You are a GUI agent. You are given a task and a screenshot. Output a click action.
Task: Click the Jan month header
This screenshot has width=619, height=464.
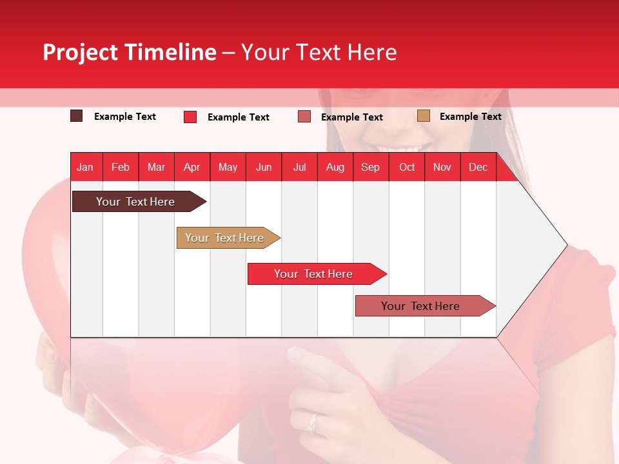pos(85,167)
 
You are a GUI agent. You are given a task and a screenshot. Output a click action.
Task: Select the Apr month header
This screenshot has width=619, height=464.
pos(192,167)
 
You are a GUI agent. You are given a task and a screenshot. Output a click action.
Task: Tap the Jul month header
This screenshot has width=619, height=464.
pos(299,167)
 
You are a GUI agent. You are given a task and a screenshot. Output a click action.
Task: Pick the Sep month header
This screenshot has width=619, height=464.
pos(370,167)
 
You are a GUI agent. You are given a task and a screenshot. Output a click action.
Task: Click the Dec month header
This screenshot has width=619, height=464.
pos(478,167)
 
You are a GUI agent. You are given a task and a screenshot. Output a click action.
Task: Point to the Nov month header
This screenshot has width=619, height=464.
pos(442,167)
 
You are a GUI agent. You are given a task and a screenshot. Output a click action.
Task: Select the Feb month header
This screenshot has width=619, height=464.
pos(121,167)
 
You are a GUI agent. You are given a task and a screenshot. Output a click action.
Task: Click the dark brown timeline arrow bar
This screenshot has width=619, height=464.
pos(135,202)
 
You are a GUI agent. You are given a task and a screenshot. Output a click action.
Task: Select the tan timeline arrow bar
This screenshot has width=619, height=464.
pos(225,238)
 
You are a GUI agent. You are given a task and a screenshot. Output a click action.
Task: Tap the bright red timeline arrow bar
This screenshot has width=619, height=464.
pos(313,274)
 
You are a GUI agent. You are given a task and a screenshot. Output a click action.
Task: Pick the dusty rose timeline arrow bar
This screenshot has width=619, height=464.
pos(420,306)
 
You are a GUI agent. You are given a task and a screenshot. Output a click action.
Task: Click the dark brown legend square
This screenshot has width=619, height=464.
pos(77,116)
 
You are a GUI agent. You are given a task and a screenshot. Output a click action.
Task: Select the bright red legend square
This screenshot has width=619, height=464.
pos(190,117)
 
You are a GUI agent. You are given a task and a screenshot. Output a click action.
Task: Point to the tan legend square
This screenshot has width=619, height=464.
pos(424,116)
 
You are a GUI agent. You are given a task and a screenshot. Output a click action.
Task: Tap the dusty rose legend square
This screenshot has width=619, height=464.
pos(304,117)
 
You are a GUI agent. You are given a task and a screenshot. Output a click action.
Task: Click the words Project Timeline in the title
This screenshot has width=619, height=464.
pos(129,52)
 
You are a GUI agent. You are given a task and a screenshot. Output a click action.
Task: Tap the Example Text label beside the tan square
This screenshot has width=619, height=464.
pos(470,117)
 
